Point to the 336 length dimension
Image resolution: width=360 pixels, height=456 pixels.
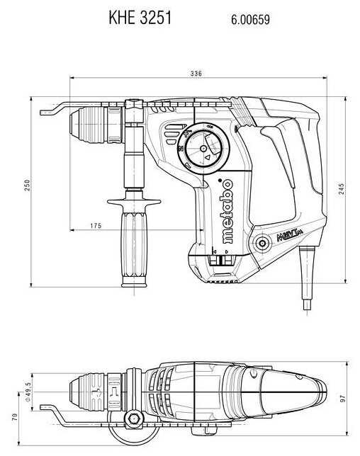(x=196, y=74)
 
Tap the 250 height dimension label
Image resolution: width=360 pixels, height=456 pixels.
(x=27, y=186)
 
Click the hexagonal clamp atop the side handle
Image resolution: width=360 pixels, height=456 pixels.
(x=135, y=110)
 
